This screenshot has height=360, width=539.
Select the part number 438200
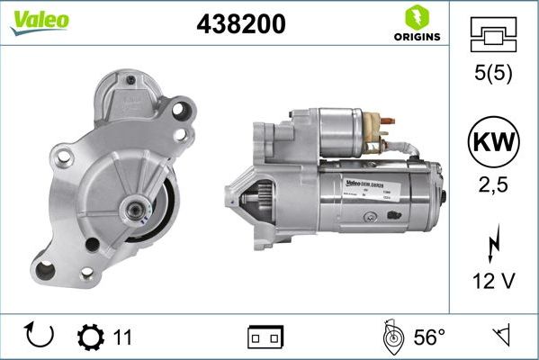point(241,25)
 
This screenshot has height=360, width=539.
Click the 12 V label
point(492,283)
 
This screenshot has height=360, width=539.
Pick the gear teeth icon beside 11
point(91,337)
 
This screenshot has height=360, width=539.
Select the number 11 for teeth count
point(123,337)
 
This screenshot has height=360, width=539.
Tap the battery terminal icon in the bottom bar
point(266,337)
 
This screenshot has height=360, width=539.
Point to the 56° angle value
point(429,337)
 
